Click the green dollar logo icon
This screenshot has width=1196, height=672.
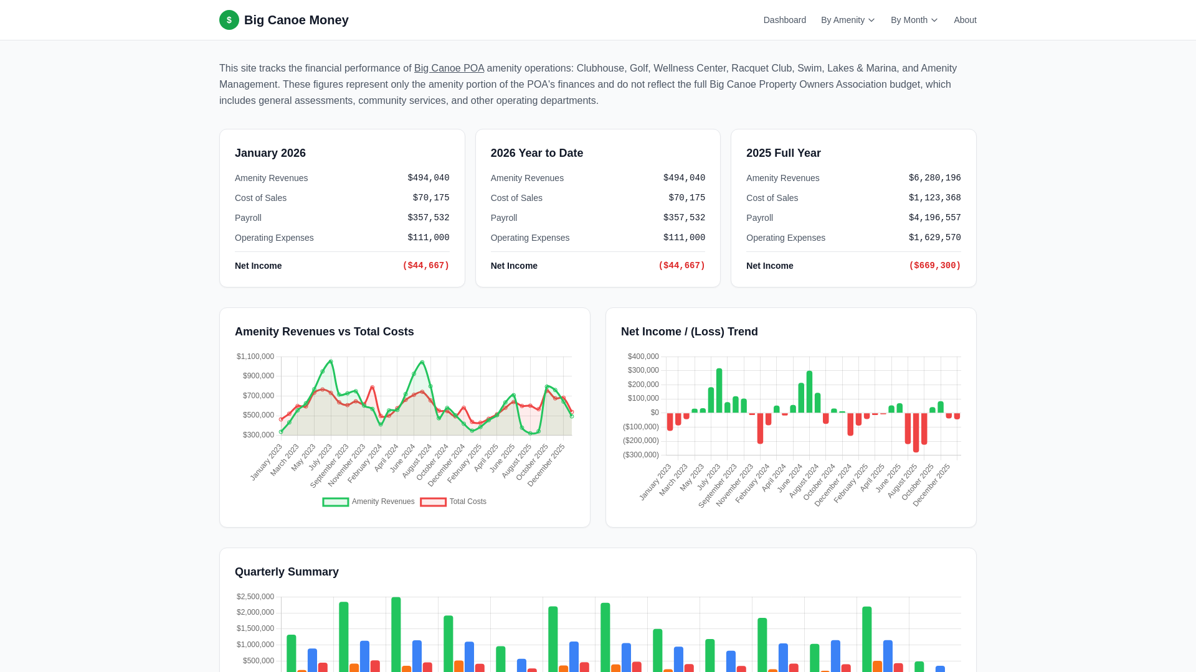click(x=229, y=20)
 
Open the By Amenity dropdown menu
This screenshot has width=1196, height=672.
click(x=848, y=20)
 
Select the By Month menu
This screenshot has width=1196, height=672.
click(x=914, y=20)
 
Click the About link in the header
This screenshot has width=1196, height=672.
click(x=965, y=20)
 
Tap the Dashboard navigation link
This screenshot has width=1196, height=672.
click(x=784, y=20)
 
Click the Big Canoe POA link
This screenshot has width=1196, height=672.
click(x=448, y=68)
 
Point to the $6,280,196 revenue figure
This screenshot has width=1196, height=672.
click(x=934, y=178)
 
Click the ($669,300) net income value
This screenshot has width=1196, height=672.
click(x=934, y=266)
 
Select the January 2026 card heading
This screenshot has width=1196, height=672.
click(x=270, y=153)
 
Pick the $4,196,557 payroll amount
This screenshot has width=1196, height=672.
click(x=934, y=218)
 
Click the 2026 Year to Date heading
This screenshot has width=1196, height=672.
click(x=536, y=153)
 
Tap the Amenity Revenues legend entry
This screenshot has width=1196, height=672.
click(x=369, y=502)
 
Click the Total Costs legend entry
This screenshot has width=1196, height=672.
click(x=454, y=502)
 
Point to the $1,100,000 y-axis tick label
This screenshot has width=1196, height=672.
click(x=255, y=357)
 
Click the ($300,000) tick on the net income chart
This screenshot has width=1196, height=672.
click(x=640, y=455)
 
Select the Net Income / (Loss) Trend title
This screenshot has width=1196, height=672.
click(x=689, y=332)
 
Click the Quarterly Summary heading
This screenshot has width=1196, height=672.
click(x=287, y=572)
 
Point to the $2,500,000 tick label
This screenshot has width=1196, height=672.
click(x=255, y=597)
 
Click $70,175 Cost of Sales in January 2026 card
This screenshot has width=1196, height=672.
click(x=430, y=198)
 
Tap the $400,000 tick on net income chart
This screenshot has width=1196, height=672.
click(x=643, y=357)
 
